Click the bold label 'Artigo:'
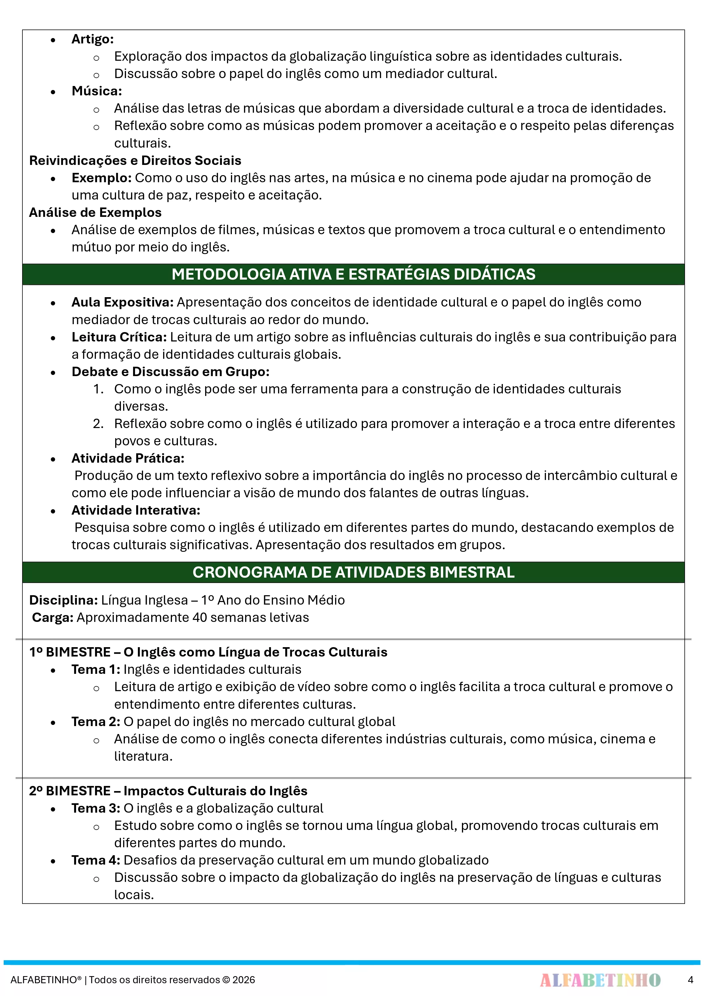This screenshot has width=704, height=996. click(93, 39)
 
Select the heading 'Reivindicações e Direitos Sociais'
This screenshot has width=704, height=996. click(135, 160)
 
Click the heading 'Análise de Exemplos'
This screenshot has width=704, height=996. click(95, 213)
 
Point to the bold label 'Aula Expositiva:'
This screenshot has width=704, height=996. click(122, 302)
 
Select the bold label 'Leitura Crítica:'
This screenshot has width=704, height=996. click(119, 337)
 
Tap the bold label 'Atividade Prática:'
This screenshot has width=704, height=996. click(128, 458)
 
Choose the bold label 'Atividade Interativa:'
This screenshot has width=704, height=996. click(136, 510)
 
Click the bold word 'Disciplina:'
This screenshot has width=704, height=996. click(63, 600)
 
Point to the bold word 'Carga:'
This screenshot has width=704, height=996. click(52, 618)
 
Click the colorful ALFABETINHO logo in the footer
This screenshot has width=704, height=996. click(600, 980)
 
